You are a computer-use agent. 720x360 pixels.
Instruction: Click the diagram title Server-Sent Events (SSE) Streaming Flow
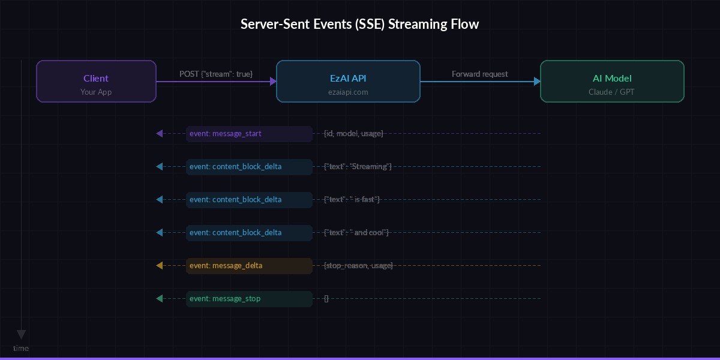click(360, 25)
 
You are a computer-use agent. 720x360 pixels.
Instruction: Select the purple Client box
click(96, 81)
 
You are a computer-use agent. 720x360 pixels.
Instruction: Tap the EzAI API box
click(348, 81)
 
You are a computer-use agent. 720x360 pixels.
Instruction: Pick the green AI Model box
click(612, 81)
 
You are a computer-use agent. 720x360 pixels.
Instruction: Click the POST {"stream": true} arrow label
click(216, 74)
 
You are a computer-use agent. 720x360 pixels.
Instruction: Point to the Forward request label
click(480, 74)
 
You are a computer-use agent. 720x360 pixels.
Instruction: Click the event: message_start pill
click(249, 133)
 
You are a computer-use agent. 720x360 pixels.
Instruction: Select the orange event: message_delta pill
click(249, 265)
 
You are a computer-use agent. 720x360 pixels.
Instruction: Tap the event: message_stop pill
click(249, 298)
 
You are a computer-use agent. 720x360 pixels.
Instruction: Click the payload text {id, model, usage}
click(353, 133)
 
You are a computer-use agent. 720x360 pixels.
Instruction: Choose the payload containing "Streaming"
click(358, 166)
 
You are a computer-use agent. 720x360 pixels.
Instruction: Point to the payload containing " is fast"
click(352, 199)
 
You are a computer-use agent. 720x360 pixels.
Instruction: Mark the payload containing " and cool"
click(356, 232)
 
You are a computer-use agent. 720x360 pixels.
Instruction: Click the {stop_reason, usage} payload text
click(358, 265)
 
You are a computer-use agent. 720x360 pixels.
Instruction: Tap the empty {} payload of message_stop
click(326, 298)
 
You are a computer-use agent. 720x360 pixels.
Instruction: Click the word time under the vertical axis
click(21, 349)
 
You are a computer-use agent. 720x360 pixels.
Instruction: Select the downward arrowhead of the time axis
click(21, 334)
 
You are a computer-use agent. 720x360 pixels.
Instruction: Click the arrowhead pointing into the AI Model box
click(537, 81)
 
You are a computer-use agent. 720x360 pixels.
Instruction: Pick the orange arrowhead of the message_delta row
click(159, 265)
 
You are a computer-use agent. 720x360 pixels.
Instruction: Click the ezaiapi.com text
click(348, 92)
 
